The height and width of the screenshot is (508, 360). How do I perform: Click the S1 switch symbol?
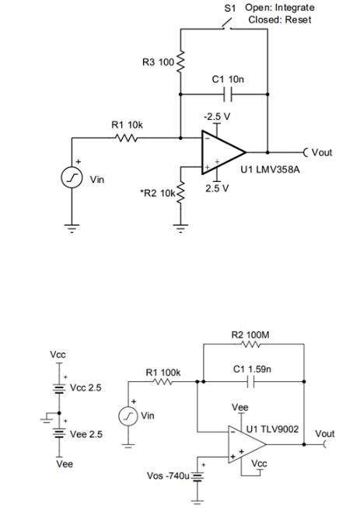coord(225,27)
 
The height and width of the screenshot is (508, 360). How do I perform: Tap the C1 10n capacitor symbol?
coord(224,93)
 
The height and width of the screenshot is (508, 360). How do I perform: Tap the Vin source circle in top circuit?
coord(72,178)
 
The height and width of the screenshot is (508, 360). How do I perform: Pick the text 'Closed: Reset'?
coord(279,19)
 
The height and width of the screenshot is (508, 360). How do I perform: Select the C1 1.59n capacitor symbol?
coord(250,382)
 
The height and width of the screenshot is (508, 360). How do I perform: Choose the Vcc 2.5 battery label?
coord(86,387)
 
